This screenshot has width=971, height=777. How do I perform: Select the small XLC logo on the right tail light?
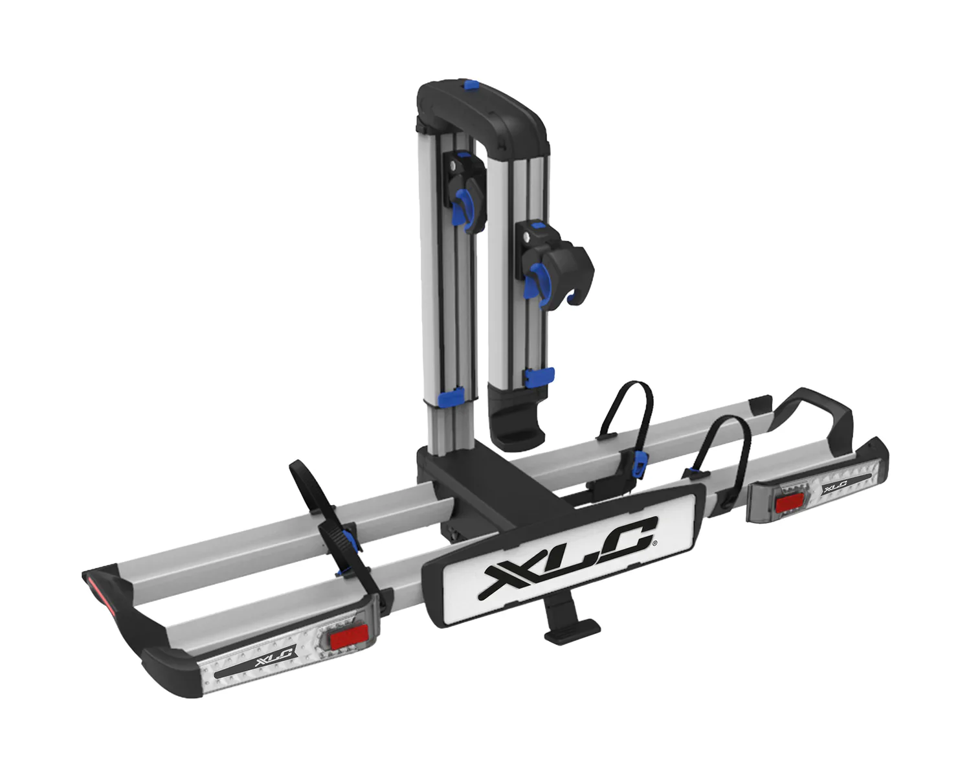point(834,488)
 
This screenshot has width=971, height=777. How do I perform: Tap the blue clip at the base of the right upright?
point(539,377)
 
